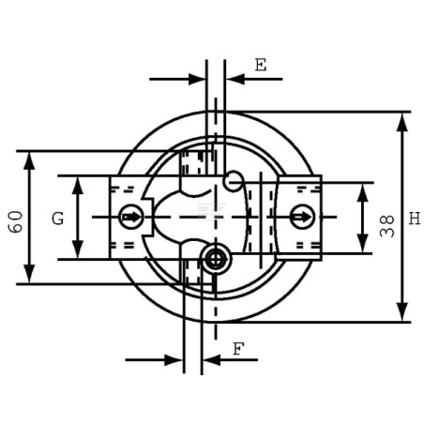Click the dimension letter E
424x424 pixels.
tap(261, 65)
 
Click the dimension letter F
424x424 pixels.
tap(238, 349)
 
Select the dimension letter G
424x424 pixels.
tap(58, 219)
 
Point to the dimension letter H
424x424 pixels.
tap(415, 219)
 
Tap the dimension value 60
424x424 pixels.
tap(16, 221)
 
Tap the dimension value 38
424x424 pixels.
tap(386, 226)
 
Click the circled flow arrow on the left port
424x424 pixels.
tap(131, 217)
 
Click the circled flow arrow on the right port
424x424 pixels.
tap(302, 217)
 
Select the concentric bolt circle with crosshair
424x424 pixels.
tap(216, 259)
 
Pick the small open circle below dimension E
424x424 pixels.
tap(234, 181)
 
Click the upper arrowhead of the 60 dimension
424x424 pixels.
tap(29, 160)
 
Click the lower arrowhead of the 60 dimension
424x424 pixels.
tap(29, 274)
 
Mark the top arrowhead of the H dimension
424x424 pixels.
tap(402, 122)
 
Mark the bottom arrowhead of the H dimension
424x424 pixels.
tap(402, 311)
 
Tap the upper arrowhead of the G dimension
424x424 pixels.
tap(78, 185)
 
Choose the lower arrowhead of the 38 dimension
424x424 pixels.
tap(362, 243)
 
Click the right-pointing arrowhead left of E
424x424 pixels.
tap(197, 79)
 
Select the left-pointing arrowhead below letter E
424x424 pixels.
tap(235, 79)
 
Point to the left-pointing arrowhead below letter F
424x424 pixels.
tap(212, 360)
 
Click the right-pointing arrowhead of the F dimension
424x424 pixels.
tap(173, 360)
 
